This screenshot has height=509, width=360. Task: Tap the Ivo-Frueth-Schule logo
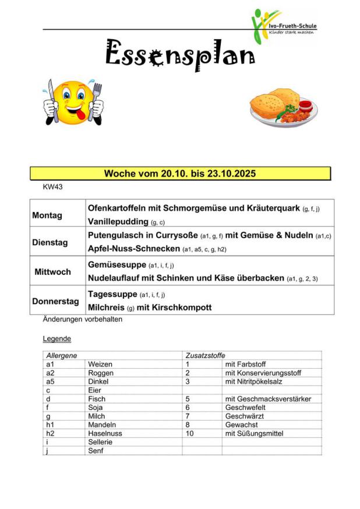(283, 26)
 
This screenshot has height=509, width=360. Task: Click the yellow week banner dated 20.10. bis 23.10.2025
(180, 174)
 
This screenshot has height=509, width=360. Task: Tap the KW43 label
(52, 187)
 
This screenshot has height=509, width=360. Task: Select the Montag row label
(47, 215)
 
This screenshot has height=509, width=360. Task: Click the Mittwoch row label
(52, 271)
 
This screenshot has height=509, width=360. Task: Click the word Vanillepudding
(118, 222)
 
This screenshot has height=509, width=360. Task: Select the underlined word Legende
(57, 338)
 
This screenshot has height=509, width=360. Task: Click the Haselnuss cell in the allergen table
(104, 433)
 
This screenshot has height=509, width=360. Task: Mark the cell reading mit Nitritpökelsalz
(257, 381)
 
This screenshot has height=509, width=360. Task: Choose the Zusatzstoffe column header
(205, 355)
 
